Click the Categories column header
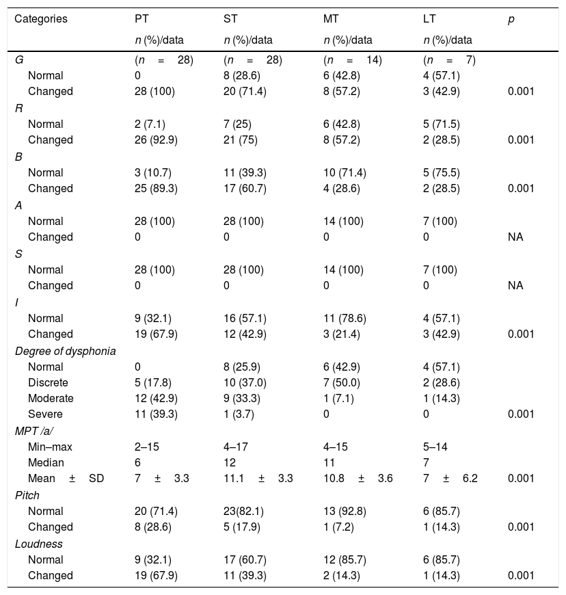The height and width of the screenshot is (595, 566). point(41,19)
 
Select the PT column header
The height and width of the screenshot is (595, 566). point(141,19)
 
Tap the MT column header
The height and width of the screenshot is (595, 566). point(330,19)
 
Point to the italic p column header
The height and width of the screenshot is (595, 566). point(511,19)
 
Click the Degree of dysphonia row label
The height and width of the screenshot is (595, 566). point(65,351)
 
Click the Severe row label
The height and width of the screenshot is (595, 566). point(45,414)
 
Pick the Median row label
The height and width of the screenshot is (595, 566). point(45,463)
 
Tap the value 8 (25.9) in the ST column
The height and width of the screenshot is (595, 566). point(243,366)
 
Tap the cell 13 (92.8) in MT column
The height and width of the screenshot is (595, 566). point(345,512)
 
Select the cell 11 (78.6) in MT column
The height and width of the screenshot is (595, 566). point(345,318)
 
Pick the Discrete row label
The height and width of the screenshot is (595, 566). point(48,382)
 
